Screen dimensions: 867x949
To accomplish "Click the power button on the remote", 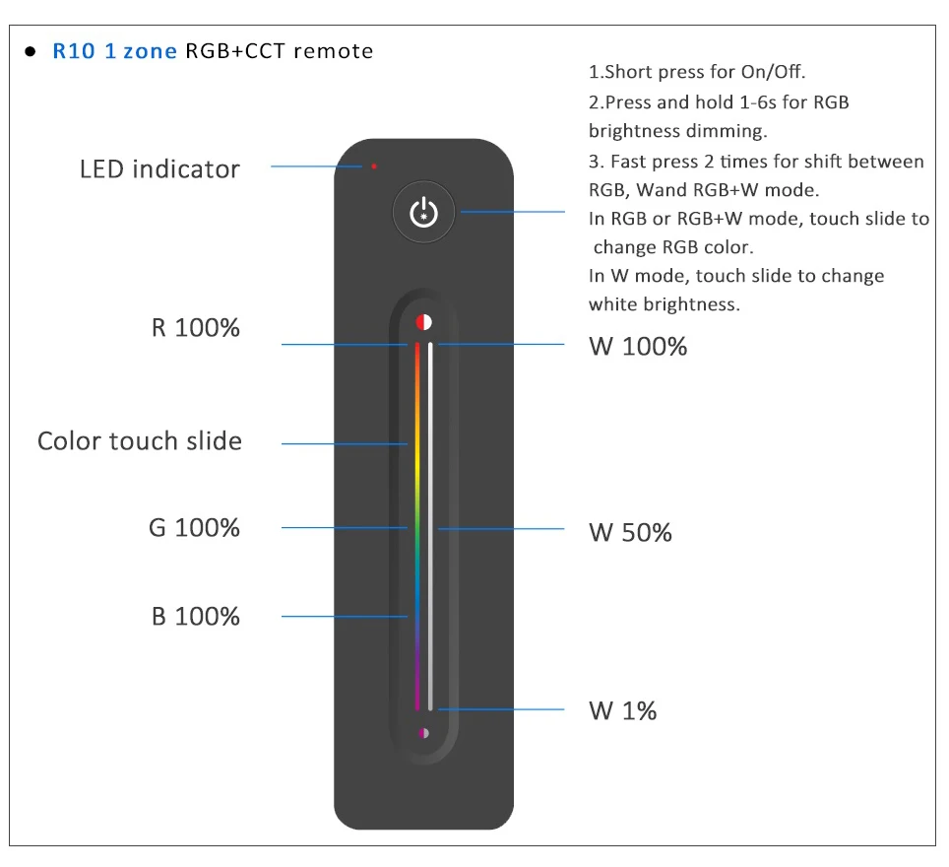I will (x=423, y=213).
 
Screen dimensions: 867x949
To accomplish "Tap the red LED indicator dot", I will (x=374, y=166).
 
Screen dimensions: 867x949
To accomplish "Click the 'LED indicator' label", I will (x=159, y=169).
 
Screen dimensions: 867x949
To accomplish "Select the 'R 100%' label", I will (x=196, y=328).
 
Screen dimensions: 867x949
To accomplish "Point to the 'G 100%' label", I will (x=194, y=528).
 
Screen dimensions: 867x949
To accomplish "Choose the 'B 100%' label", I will (x=196, y=617).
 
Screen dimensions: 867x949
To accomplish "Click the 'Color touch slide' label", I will (x=140, y=441).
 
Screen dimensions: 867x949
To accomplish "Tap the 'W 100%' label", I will (x=638, y=347).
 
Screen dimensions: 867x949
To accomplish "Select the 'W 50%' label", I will (x=630, y=533).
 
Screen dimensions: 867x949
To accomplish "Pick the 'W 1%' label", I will (x=622, y=710).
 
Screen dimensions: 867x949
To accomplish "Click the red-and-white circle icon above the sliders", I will (x=423, y=321).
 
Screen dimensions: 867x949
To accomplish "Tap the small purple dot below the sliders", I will (x=423, y=733).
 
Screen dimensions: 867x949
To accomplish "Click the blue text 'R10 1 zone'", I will (x=114, y=51).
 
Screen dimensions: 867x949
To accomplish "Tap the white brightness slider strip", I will (x=431, y=522).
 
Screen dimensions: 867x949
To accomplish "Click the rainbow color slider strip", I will (x=416, y=522).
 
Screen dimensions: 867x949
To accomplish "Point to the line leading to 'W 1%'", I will (x=502, y=708).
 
